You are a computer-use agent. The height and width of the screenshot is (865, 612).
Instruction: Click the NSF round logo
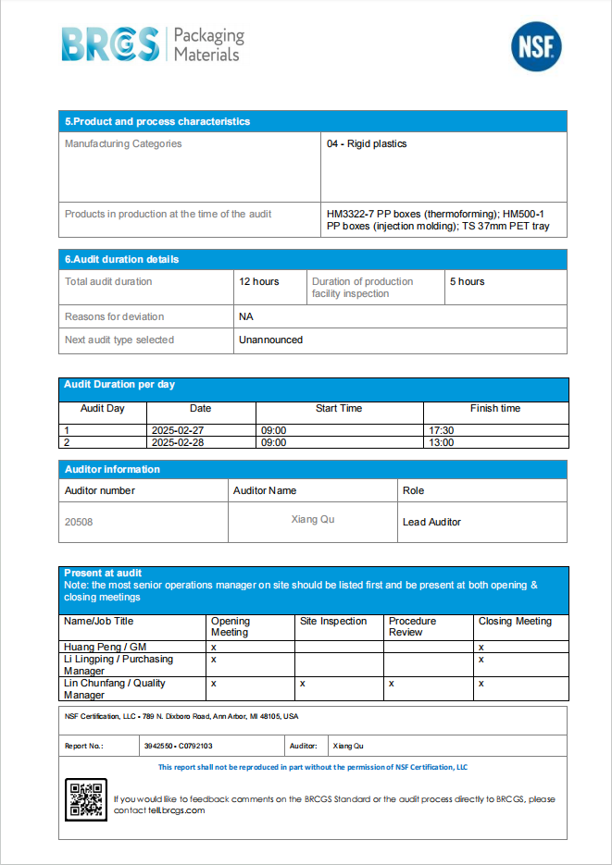(536, 46)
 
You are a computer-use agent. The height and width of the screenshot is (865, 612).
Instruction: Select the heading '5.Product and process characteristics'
(157, 121)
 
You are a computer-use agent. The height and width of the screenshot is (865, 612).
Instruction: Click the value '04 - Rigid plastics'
(367, 144)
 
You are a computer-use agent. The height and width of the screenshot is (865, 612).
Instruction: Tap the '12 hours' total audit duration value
(258, 281)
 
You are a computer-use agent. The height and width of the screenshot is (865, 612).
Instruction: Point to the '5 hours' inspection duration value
(467, 281)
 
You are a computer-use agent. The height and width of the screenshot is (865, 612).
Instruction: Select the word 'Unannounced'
(270, 340)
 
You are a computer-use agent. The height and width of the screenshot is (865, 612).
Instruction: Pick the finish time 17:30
(442, 430)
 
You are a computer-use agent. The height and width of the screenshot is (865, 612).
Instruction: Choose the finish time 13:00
(442, 443)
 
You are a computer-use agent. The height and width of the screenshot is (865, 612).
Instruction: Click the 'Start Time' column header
(339, 408)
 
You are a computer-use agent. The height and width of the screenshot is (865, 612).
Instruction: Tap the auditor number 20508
(79, 522)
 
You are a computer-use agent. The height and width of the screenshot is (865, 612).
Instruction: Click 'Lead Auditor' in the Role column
(431, 522)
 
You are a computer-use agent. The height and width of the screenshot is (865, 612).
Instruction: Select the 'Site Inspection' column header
(333, 622)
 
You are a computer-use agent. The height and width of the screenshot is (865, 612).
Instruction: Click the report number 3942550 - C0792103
(178, 746)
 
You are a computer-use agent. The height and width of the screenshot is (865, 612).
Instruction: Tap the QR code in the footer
(86, 799)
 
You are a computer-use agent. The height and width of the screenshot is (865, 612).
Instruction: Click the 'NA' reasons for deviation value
(245, 316)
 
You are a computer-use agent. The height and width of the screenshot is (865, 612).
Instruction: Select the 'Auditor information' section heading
(112, 469)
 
